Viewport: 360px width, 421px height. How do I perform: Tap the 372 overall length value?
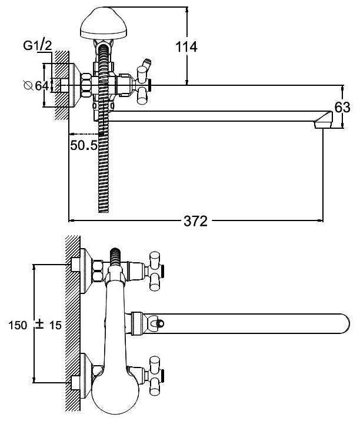pyautogui.click(x=195, y=221)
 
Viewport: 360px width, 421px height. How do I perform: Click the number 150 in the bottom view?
pyautogui.click(x=17, y=325)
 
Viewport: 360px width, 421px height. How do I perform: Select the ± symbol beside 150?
pyautogui.click(x=39, y=325)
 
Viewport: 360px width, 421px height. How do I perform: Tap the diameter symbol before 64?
pyautogui.click(x=27, y=86)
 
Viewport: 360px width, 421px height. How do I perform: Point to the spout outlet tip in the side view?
pyautogui.click(x=323, y=123)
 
